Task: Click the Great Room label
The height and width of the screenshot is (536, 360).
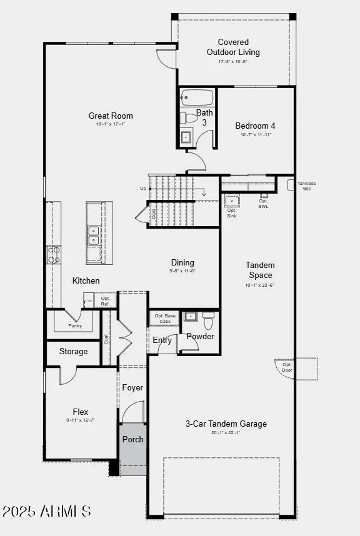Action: (111, 116)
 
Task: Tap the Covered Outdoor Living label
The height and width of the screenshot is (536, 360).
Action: (233, 47)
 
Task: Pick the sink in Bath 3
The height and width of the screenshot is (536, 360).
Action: (186, 137)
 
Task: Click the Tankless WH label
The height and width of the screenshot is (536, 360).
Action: (306, 186)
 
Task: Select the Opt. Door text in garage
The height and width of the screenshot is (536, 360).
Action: (287, 367)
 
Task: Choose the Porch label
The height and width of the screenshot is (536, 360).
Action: (132, 439)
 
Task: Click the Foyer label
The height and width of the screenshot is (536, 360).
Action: (132, 388)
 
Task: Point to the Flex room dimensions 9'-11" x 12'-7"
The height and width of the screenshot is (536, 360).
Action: (81, 420)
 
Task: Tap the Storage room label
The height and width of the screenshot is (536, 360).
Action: (74, 352)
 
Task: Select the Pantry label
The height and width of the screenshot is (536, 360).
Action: (75, 326)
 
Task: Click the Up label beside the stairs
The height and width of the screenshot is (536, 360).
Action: (143, 188)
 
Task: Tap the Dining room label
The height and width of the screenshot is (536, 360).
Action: (182, 262)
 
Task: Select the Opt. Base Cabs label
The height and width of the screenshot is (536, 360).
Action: (165, 319)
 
